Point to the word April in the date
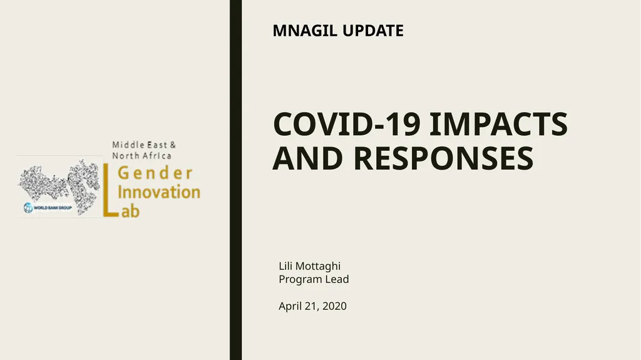[290, 306]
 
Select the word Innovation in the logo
[159, 192]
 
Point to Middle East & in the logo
[144, 145]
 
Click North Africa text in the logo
[141, 155]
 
